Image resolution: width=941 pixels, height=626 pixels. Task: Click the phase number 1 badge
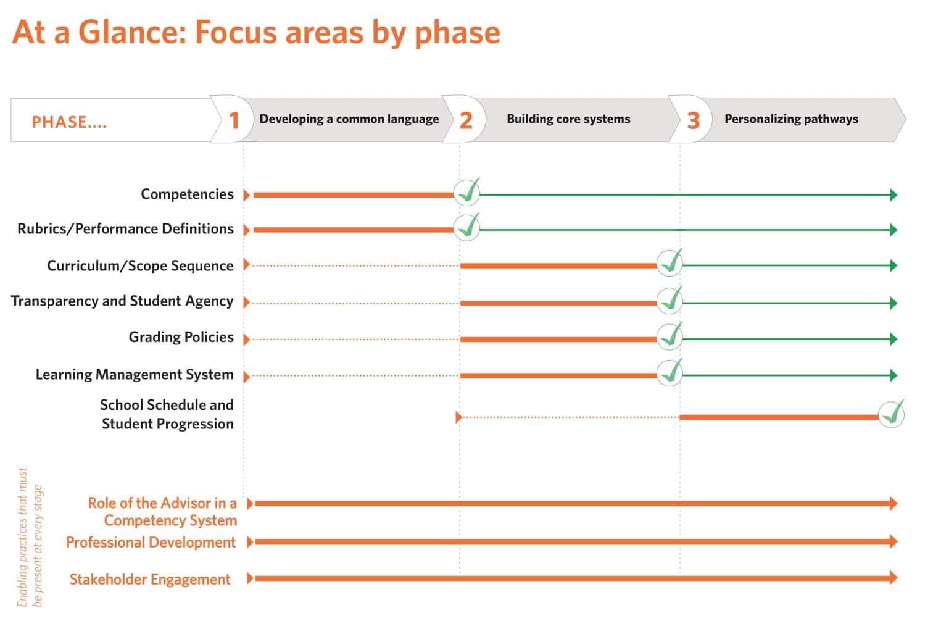pos(234,120)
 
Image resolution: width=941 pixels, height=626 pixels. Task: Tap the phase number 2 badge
pos(466,120)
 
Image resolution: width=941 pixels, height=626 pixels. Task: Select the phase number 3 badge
pos(694,120)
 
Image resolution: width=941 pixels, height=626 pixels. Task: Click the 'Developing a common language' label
pos(349,119)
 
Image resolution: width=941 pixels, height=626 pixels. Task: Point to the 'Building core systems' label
pos(568,119)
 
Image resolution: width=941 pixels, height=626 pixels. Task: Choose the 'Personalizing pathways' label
pos(792,119)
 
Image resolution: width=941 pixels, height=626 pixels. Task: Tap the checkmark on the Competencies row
pos(467,192)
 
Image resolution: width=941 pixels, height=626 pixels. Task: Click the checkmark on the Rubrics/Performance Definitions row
pos(467,227)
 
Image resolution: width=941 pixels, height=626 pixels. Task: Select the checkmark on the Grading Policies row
pos(670,336)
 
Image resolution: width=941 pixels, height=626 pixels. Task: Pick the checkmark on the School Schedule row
pos(892,414)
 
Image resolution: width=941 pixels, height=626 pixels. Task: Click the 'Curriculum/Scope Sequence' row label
pos(140,265)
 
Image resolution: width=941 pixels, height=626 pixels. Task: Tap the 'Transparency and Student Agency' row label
pos(122,301)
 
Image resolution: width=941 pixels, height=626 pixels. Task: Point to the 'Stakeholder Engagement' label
pos(150,579)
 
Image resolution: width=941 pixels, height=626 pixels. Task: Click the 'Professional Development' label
pos(151,542)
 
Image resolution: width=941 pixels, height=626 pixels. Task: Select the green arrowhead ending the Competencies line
pos(893,195)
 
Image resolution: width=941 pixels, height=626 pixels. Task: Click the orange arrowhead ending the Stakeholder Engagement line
pos(893,578)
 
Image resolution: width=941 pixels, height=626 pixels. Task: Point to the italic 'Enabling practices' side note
pos(30,538)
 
